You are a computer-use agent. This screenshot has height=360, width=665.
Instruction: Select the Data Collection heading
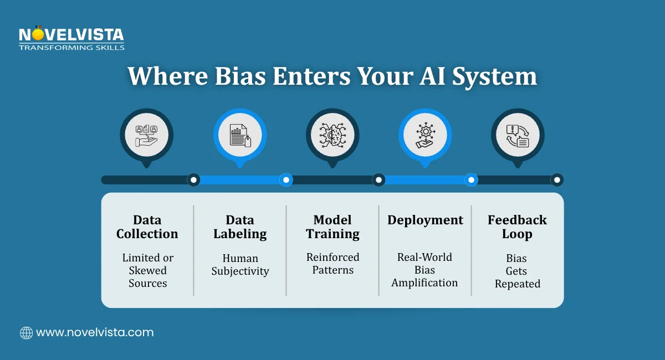pyautogui.click(x=147, y=227)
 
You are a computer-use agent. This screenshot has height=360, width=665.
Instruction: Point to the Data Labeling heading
pyautogui.click(x=240, y=227)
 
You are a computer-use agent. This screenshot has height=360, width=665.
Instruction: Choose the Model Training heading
pyautogui.click(x=332, y=227)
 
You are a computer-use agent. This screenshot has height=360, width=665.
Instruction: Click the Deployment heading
pyautogui.click(x=425, y=220)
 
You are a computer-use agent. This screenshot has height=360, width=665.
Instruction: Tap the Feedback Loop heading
pyautogui.click(x=517, y=227)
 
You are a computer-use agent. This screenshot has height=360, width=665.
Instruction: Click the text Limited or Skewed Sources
pyautogui.click(x=147, y=270)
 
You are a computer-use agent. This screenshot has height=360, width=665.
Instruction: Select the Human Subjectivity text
pyautogui.click(x=240, y=265)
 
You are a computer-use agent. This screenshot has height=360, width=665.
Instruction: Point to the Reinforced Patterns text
pyautogui.click(x=332, y=264)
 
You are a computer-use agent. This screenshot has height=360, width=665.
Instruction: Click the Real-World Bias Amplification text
pyautogui.click(x=425, y=270)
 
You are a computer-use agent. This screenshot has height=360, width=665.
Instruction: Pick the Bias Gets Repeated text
pyautogui.click(x=517, y=271)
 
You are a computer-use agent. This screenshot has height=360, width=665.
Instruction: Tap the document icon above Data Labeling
pyautogui.click(x=239, y=135)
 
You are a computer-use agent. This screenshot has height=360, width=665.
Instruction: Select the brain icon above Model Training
pyautogui.click(x=332, y=135)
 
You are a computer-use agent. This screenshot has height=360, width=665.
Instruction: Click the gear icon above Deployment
pyautogui.click(x=425, y=135)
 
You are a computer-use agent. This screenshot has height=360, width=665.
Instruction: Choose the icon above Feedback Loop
pyautogui.click(x=518, y=135)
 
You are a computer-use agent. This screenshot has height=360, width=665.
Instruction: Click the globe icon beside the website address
pyautogui.click(x=26, y=333)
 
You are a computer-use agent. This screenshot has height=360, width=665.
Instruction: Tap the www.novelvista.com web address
pyautogui.click(x=95, y=333)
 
